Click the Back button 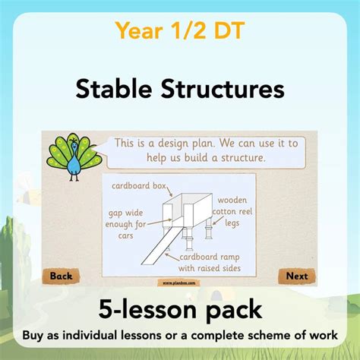click(62, 276)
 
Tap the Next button click(297, 276)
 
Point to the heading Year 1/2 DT click(179, 30)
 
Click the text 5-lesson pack click(179, 310)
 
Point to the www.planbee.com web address click(179, 282)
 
